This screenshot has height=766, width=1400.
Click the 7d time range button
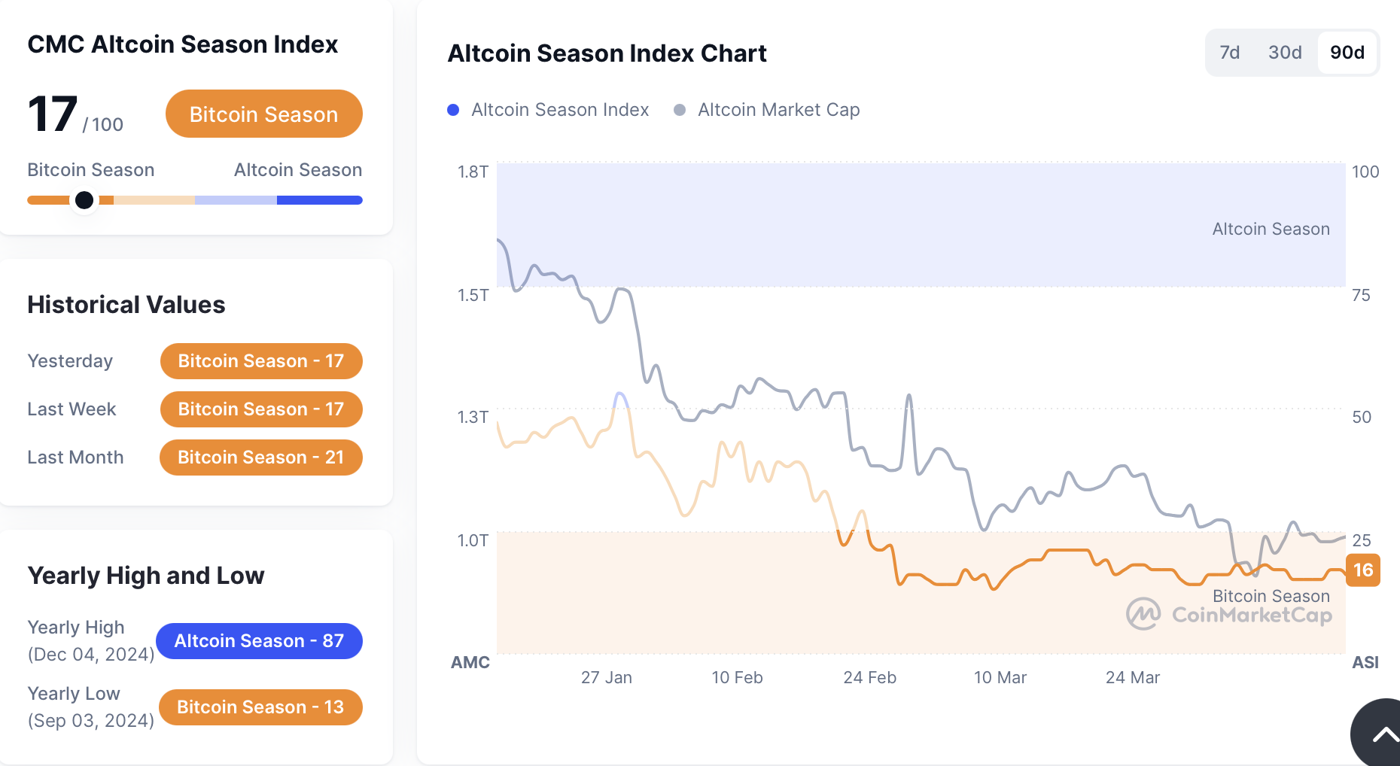[1229, 53]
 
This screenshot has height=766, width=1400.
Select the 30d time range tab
[1285, 53]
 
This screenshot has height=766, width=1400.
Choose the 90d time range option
[1347, 53]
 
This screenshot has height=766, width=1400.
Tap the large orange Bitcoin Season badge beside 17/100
[263, 114]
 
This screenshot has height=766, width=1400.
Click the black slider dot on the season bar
[84, 200]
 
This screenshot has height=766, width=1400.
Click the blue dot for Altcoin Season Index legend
[453, 110]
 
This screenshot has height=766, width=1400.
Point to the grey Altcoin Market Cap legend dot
[680, 110]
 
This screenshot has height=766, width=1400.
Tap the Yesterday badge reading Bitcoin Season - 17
[260, 361]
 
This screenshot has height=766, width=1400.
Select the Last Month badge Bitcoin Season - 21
[260, 457]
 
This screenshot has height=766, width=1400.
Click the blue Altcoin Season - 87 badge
[259, 641]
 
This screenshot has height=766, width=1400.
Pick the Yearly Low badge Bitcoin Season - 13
[260, 707]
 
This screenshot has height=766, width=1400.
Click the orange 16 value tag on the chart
[1363, 570]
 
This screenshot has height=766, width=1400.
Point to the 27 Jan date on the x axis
[607, 678]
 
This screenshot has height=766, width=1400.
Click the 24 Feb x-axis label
[869, 678]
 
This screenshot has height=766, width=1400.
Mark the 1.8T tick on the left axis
[473, 172]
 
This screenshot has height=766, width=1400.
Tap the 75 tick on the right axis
[1361, 295]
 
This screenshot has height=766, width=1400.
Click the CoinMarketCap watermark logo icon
[1143, 614]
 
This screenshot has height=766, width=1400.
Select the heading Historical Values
[126, 305]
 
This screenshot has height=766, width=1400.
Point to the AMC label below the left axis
[470, 663]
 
